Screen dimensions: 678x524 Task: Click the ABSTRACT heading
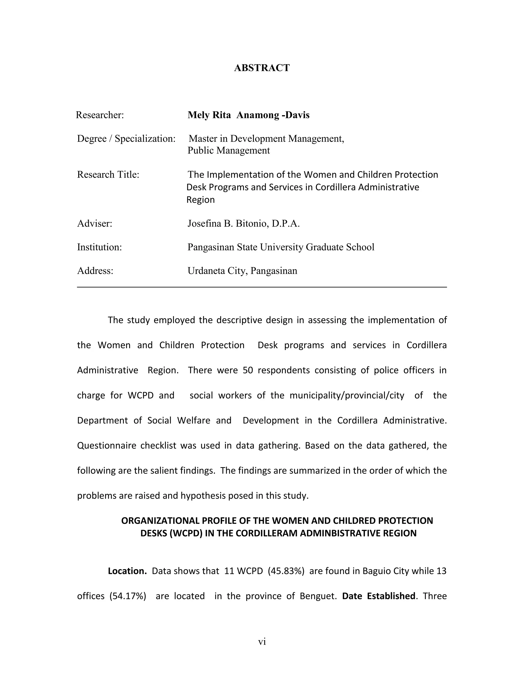coord(262,68)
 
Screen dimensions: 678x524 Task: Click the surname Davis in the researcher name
coord(297,115)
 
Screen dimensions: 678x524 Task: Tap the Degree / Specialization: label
coord(126,138)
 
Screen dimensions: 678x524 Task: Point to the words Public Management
coord(228,150)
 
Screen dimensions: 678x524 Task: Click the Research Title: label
coord(108,174)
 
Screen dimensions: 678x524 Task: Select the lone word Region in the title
coord(201,200)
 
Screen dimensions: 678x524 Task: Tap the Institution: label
coord(99,247)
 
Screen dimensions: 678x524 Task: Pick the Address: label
coord(95,271)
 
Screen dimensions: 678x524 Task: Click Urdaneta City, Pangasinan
coord(242,271)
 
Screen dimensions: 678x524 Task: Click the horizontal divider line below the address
coord(262,287)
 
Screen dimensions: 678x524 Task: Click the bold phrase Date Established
coord(379,596)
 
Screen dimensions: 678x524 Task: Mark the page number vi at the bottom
coord(262,642)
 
